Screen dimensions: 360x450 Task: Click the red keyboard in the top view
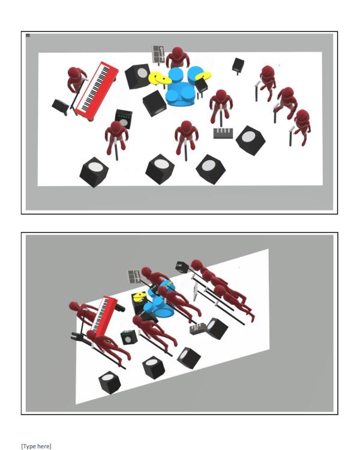97,91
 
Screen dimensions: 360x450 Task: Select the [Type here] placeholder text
36,446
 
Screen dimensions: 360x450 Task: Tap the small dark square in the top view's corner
28,35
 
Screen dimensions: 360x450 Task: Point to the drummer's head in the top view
178,53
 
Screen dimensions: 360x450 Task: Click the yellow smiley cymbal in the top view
157,78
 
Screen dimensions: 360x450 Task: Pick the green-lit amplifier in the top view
124,119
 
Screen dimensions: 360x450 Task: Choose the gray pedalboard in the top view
223,133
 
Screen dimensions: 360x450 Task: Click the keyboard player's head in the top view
74,73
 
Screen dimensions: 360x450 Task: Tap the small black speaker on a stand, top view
238,65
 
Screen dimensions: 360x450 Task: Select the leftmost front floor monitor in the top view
94,172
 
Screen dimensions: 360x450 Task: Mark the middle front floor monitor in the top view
160,169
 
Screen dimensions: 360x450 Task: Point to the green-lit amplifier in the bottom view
128,338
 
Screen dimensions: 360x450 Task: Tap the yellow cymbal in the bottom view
140,296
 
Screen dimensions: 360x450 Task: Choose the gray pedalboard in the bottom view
197,329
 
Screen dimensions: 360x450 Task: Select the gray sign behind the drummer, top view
158,53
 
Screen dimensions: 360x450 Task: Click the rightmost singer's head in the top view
302,116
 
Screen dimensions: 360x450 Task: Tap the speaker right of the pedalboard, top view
251,140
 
